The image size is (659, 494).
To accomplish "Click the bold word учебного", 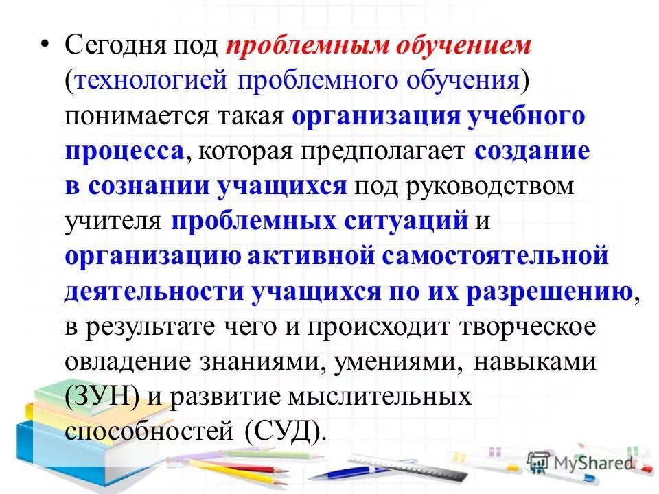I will (x=527, y=117).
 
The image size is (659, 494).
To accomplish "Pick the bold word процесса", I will (x=124, y=152).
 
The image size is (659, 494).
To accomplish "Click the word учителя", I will (x=113, y=222).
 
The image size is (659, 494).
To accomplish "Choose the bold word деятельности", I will (x=154, y=292).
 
